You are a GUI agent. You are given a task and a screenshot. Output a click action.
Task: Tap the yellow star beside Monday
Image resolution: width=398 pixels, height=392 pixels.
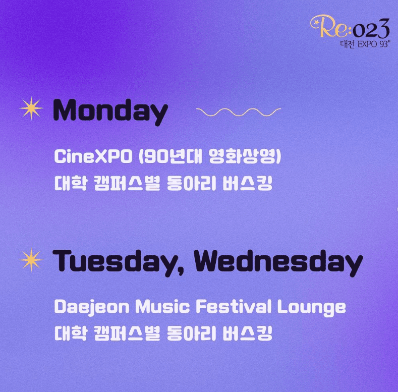(31, 108)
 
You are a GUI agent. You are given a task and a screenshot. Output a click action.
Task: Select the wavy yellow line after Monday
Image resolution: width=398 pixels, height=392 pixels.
(238, 111)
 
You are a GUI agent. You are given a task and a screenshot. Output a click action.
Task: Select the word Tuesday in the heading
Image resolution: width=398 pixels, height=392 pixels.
(119, 261)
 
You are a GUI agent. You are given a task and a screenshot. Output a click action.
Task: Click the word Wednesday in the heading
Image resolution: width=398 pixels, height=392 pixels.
(278, 261)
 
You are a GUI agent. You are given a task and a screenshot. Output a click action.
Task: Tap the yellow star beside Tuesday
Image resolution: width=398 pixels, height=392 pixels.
(31, 259)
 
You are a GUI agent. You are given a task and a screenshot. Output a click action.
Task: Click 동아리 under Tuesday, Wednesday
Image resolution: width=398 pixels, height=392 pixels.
(191, 333)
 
